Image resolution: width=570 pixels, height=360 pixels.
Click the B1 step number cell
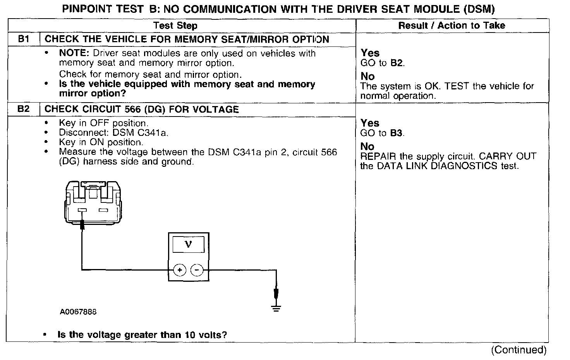coord(24,39)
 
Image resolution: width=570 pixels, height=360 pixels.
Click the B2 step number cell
coord(24,109)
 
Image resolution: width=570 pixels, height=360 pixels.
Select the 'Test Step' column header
coord(175,26)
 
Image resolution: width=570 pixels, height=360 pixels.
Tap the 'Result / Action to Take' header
coord(452,26)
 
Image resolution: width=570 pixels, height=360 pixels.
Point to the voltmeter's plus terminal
coord(179,270)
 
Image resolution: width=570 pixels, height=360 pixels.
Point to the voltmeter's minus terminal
coord(197,270)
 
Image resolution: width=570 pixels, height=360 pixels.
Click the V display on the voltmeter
coord(189,244)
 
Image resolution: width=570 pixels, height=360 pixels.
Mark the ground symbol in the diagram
coord(276,308)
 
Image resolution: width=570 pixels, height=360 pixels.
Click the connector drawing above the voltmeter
coord(93,202)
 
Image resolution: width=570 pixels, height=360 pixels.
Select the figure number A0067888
coord(78,312)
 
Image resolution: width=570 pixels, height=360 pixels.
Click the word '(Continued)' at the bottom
coord(518,350)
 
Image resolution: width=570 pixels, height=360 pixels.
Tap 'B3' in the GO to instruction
coord(396,133)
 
